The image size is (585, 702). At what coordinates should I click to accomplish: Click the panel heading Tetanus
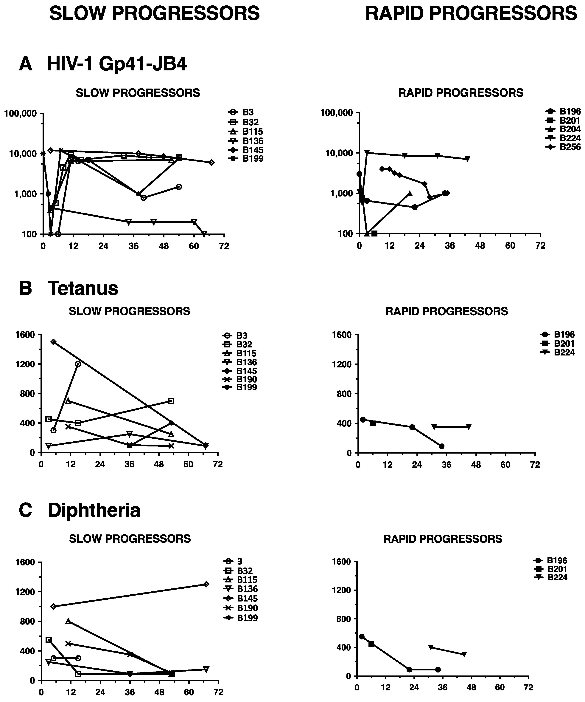coord(83,288)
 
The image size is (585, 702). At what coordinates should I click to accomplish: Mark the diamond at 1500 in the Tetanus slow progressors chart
coord(53,342)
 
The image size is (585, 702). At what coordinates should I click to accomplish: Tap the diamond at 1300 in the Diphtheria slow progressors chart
coord(206,584)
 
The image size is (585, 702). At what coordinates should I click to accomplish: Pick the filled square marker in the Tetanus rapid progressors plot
coord(373,423)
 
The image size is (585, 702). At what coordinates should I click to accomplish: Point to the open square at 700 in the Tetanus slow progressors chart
coord(171,401)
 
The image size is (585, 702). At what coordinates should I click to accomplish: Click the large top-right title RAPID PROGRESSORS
coord(471,14)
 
